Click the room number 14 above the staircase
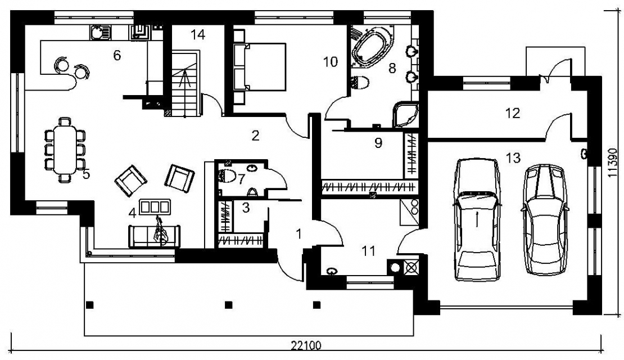click(197, 35)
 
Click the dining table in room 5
click(65, 148)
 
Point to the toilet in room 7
click(227, 175)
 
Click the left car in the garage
click(477, 220)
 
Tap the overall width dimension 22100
click(306, 345)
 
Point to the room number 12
click(513, 113)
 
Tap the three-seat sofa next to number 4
click(155, 236)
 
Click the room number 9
click(378, 142)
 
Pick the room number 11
click(369, 251)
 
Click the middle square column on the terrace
click(228, 305)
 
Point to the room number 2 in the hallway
click(255, 136)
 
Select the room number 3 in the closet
click(246, 208)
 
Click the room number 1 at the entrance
click(299, 234)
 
